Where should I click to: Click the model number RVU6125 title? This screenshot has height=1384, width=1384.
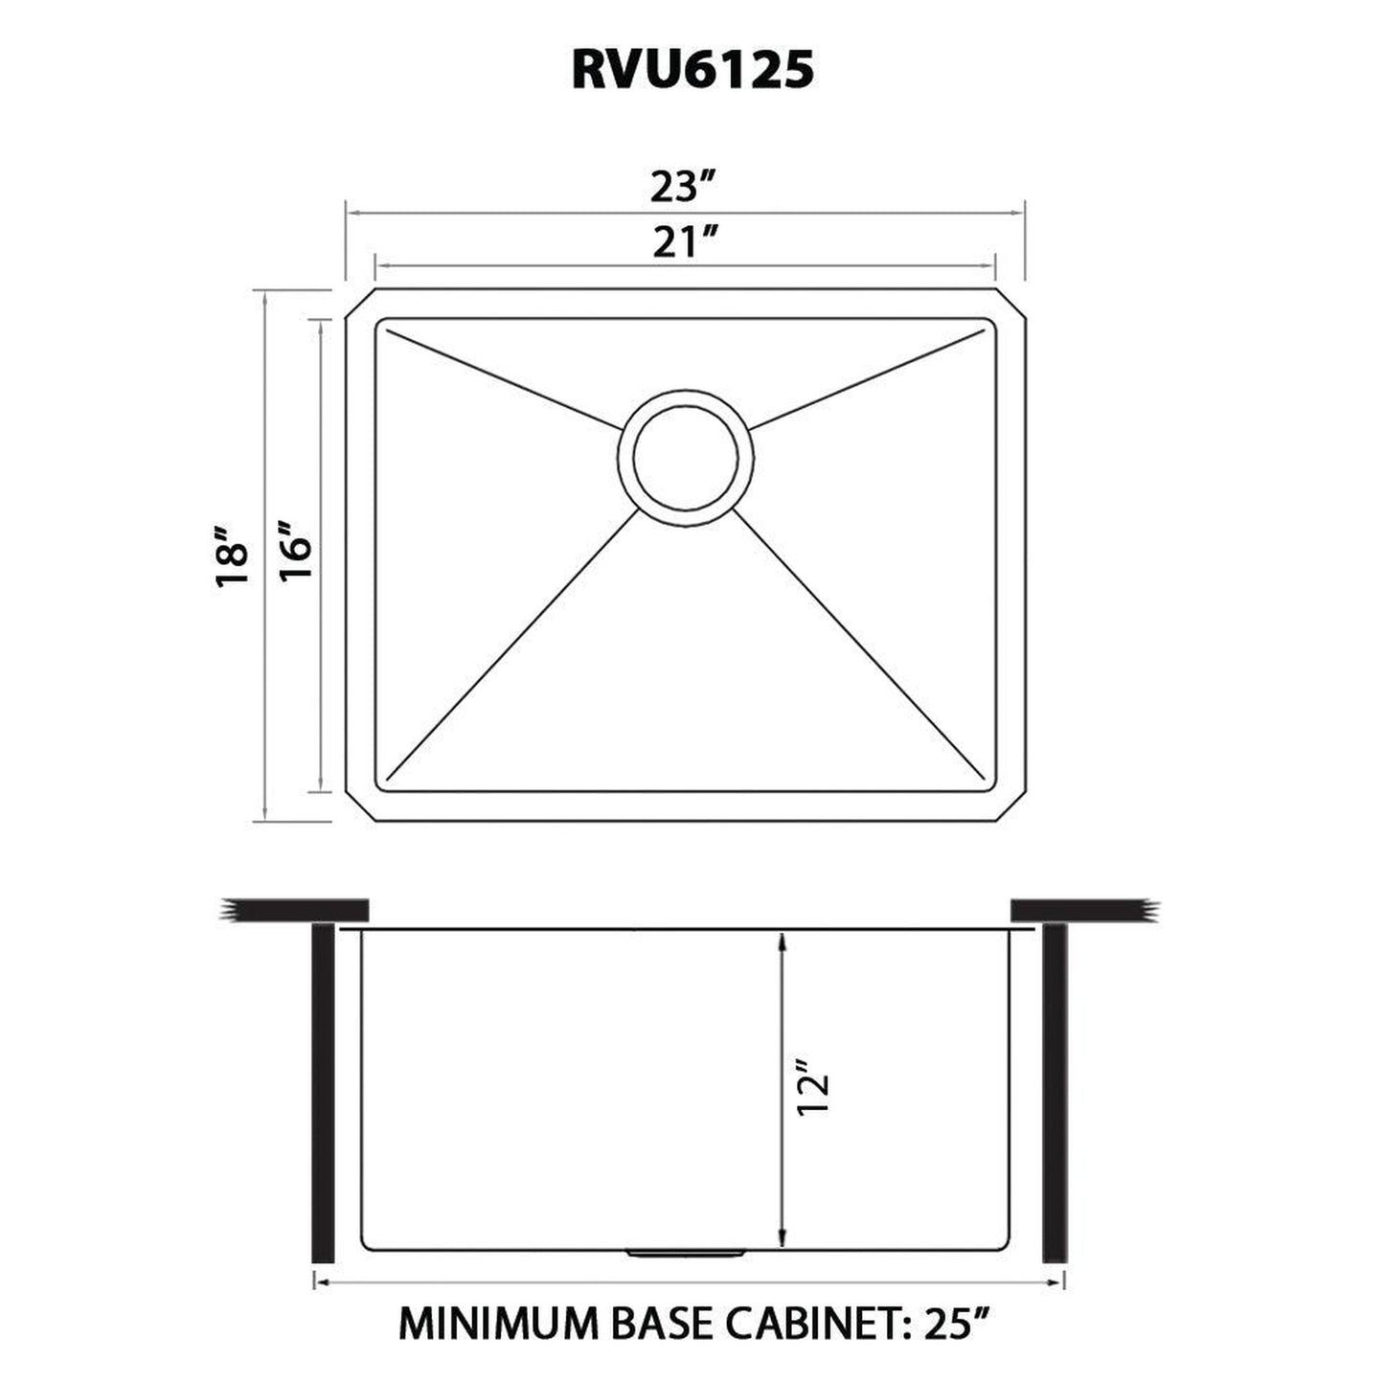(x=692, y=70)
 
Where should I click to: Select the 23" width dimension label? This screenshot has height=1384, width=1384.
(x=684, y=187)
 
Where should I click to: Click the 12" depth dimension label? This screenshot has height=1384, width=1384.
(x=813, y=1091)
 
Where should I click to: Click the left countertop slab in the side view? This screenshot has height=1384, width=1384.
(x=297, y=908)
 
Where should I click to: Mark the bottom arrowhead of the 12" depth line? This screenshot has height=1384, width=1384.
(x=783, y=1237)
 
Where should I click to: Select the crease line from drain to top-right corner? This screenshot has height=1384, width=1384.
(x=867, y=378)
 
